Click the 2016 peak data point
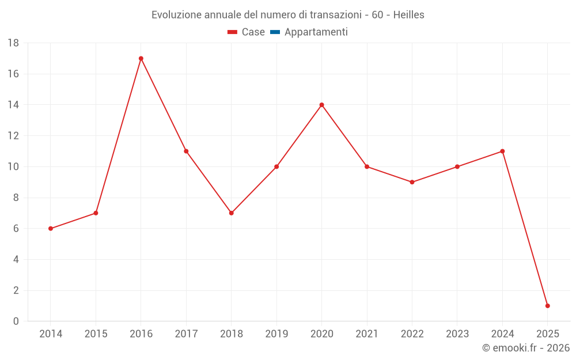141,58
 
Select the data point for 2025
547,306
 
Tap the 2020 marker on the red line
321,105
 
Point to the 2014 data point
51,229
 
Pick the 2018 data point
231,213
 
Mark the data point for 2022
412,182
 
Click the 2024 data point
502,151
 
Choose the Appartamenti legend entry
316,32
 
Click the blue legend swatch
275,32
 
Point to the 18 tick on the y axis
13,43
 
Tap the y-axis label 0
16,321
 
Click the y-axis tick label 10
13,167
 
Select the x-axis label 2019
276,334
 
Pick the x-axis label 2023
457,334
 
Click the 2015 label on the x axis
96,334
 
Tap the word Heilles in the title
409,15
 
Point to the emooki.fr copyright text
525,348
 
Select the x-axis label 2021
367,334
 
